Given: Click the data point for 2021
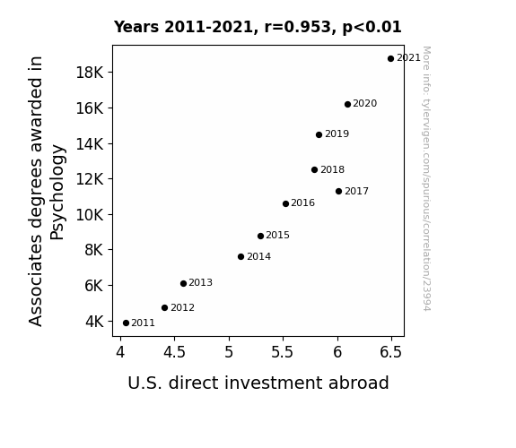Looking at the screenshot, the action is pyautogui.click(x=390, y=59).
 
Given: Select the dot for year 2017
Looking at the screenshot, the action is pyautogui.click(x=338, y=191).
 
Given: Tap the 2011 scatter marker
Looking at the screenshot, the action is pyautogui.click(x=126, y=323).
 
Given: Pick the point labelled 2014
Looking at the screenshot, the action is pyautogui.click(x=241, y=257).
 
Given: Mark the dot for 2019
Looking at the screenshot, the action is pyautogui.click(x=319, y=134).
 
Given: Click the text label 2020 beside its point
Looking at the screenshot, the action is pyautogui.click(x=364, y=104).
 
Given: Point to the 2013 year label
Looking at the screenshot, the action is pyautogui.click(x=200, y=282).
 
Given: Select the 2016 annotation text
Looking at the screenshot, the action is pyautogui.click(x=302, y=202).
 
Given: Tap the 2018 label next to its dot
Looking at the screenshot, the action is pyautogui.click(x=332, y=169).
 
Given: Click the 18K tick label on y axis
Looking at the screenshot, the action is pyautogui.click(x=90, y=73).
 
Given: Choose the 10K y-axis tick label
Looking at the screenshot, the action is pyautogui.click(x=90, y=215).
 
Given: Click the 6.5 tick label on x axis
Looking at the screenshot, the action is pyautogui.click(x=390, y=352).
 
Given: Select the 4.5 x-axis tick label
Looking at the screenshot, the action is pyautogui.click(x=174, y=352).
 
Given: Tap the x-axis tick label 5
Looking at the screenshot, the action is pyautogui.click(x=229, y=352).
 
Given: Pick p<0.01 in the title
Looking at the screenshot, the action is pyautogui.click(x=372, y=28).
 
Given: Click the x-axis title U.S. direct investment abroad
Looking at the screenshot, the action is pyautogui.click(x=258, y=383).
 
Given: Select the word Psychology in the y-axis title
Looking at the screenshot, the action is pyautogui.click(x=57, y=192).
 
